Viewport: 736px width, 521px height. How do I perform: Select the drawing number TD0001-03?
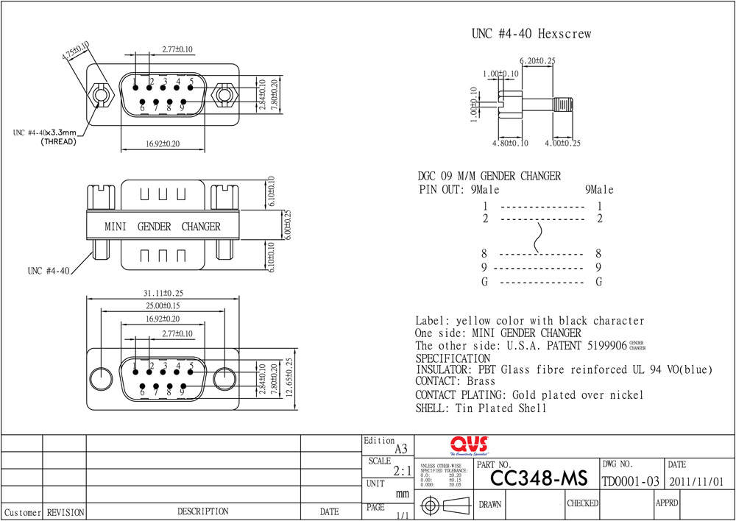pyautogui.click(x=631, y=481)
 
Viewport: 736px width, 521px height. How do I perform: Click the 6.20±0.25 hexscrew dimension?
pyautogui.click(x=537, y=60)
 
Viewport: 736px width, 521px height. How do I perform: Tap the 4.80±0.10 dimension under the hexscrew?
pyautogui.click(x=511, y=143)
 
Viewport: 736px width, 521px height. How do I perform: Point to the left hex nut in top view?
pyautogui.click(x=100, y=96)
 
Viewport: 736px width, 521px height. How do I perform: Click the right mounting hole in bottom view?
pyautogui.click(x=223, y=380)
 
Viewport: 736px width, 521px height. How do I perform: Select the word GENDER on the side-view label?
pyautogui.click(x=154, y=227)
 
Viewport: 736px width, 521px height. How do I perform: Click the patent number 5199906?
pyautogui.click(x=607, y=345)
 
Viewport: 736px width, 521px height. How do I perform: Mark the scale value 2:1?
pyautogui.click(x=402, y=470)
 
